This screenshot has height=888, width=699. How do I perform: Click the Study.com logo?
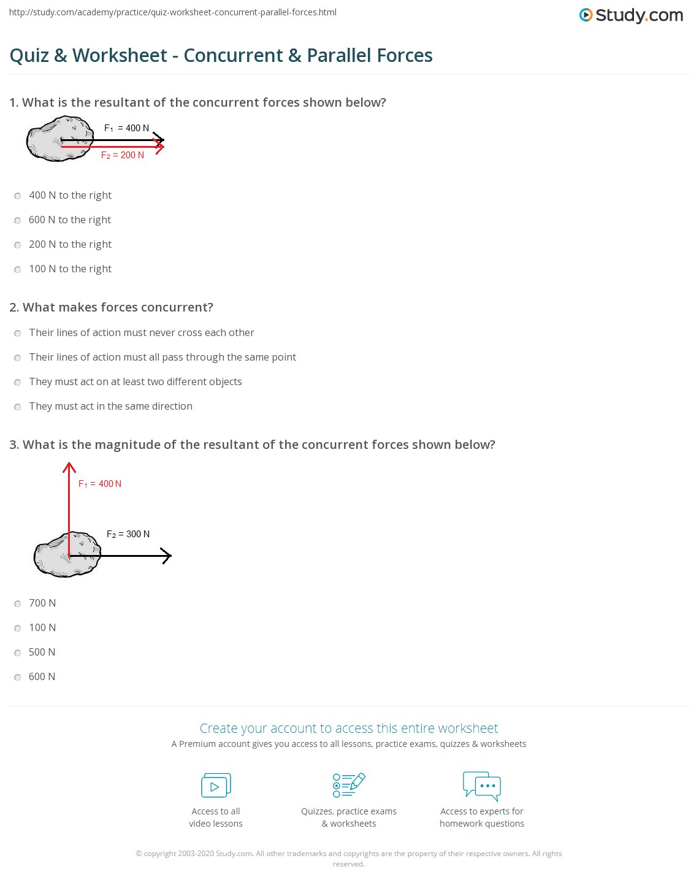pyautogui.click(x=631, y=15)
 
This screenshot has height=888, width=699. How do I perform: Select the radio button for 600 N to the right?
pyautogui.click(x=18, y=220)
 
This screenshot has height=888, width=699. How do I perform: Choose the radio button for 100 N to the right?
pyautogui.click(x=18, y=269)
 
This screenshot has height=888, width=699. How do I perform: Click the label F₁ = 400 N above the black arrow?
pyautogui.click(x=126, y=128)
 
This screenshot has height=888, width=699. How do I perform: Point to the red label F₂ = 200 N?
pyautogui.click(x=123, y=155)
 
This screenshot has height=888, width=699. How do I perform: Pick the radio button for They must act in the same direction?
pyautogui.click(x=18, y=407)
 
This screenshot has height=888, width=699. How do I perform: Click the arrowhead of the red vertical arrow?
pyautogui.click(x=69, y=467)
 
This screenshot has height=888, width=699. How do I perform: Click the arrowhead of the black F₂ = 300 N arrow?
pyautogui.click(x=166, y=556)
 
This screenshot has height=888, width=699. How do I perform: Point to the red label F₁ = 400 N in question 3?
pyautogui.click(x=100, y=484)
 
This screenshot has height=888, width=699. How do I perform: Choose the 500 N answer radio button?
pyautogui.click(x=18, y=653)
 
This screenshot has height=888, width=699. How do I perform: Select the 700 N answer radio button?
pyautogui.click(x=18, y=603)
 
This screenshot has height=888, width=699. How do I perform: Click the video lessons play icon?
pyautogui.click(x=216, y=786)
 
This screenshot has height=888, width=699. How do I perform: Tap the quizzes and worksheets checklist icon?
pyautogui.click(x=348, y=785)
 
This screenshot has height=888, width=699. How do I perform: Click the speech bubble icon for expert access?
pyautogui.click(x=482, y=786)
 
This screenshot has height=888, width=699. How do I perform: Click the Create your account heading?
pyautogui.click(x=348, y=728)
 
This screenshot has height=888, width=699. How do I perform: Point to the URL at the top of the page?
pyautogui.click(x=173, y=12)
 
